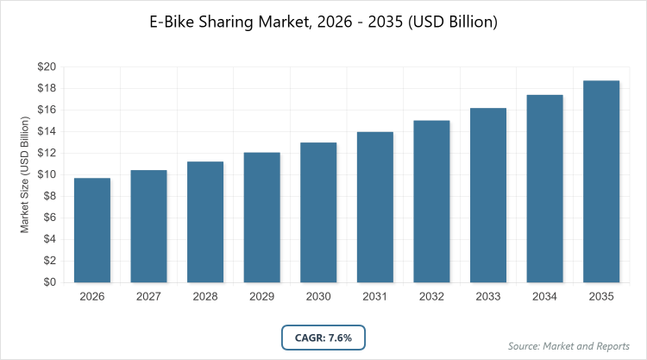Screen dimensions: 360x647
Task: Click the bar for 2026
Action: tap(92, 230)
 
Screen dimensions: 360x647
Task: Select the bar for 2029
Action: tap(262, 217)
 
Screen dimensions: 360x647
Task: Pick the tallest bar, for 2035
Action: tap(602, 181)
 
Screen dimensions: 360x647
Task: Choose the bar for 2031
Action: tap(375, 207)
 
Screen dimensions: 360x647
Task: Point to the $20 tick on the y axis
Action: tap(46, 66)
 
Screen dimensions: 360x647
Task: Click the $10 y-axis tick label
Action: tap(46, 174)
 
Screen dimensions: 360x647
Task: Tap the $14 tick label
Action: tap(46, 131)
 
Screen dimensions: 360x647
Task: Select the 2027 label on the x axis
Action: tap(148, 297)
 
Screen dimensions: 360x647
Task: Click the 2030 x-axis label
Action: tap(318, 297)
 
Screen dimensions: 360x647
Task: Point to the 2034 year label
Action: tap(545, 297)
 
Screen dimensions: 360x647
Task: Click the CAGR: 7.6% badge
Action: tap(323, 337)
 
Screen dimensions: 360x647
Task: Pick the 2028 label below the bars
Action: tap(205, 297)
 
